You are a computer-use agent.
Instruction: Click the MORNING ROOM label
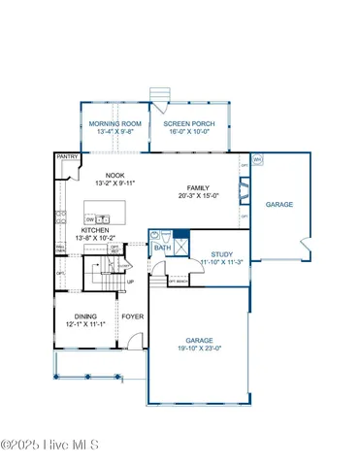click(x=115, y=124)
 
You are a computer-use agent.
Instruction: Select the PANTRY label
click(x=67, y=155)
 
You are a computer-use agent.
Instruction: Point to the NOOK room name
click(x=105, y=176)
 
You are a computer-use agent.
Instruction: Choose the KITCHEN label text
click(x=94, y=230)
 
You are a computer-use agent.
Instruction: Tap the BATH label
click(x=160, y=248)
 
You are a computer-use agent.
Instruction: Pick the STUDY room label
click(x=218, y=254)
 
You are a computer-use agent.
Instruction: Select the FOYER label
click(x=131, y=316)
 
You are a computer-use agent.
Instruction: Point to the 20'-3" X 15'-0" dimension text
click(x=199, y=195)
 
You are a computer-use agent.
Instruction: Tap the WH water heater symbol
click(x=257, y=160)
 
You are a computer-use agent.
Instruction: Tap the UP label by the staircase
click(x=131, y=282)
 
